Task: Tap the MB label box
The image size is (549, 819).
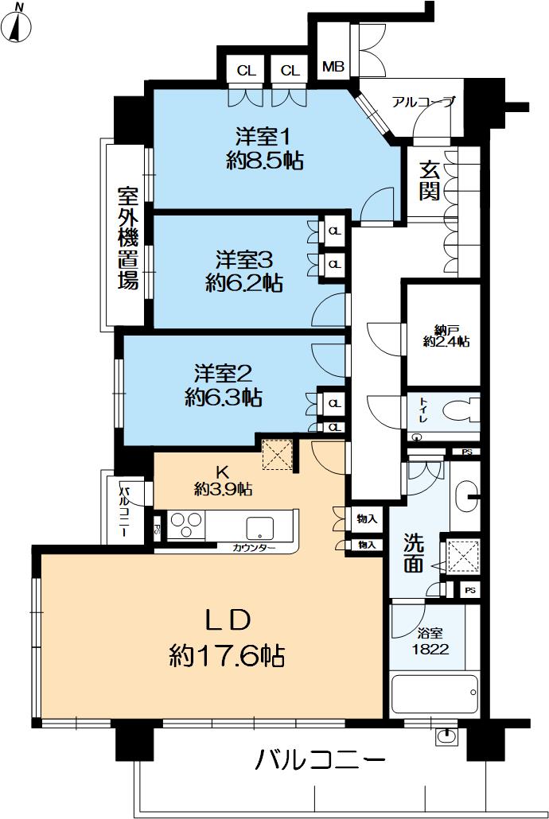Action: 333,68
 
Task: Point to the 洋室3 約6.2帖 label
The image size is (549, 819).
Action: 245,270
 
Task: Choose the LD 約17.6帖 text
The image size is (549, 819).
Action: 228,637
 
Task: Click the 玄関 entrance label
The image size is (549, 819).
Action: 430,181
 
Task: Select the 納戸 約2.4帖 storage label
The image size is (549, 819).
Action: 445,334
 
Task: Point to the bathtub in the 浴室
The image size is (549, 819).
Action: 434,694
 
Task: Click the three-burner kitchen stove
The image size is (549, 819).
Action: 186,527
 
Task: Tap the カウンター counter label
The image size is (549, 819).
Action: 255,549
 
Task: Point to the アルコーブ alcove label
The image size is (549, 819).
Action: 423,102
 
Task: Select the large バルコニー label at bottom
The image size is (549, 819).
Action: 320,761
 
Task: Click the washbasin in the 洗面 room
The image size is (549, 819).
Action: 466,495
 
